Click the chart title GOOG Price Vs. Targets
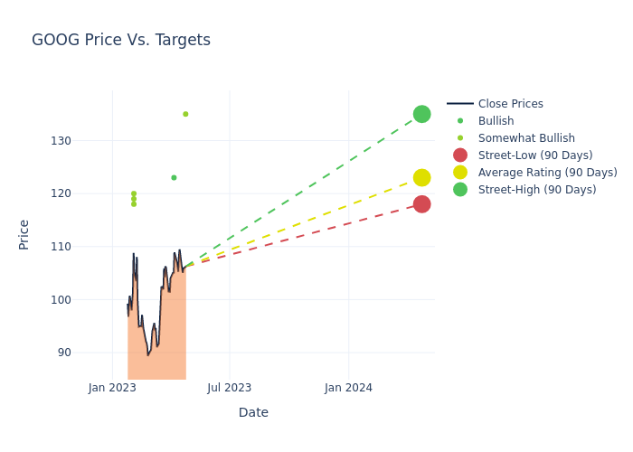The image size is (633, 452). click(121, 40)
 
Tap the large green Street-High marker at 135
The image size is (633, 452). click(421, 114)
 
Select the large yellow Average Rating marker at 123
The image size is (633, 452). click(421, 177)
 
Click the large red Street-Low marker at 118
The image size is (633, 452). click(421, 204)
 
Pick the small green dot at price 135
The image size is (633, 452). click(185, 114)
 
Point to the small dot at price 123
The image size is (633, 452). click(174, 177)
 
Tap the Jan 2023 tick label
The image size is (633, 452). click(112, 388)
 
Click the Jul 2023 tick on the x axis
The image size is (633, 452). click(230, 388)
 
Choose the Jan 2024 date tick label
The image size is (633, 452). click(348, 388)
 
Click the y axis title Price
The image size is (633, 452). click(24, 234)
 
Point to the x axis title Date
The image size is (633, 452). click(253, 413)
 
